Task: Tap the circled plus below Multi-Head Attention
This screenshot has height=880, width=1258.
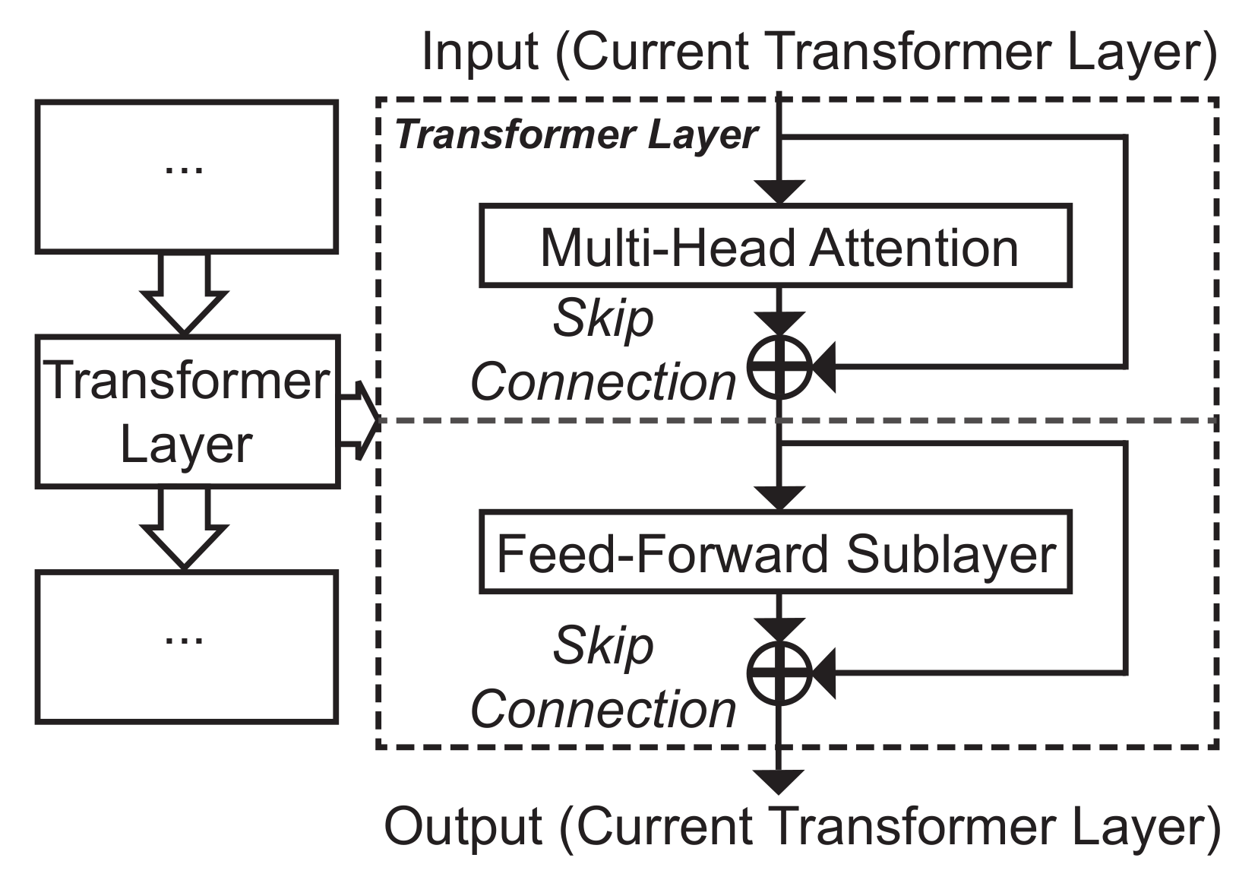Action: [779, 367]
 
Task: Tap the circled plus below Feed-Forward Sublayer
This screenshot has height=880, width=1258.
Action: [779, 673]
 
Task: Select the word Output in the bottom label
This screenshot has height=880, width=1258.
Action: [463, 826]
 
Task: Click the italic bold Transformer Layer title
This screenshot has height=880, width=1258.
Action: [577, 135]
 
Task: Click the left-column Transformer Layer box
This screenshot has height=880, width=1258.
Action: [186, 411]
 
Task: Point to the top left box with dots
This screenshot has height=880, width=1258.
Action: [186, 176]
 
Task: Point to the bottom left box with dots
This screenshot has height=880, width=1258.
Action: [186, 647]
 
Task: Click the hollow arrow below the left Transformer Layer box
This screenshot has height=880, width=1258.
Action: [185, 528]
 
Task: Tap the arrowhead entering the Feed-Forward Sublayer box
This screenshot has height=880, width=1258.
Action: [779, 499]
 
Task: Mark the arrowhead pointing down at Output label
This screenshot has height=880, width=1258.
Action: [779, 781]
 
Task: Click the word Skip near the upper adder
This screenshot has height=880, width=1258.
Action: [602, 318]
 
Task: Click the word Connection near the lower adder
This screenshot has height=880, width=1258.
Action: [602, 709]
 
